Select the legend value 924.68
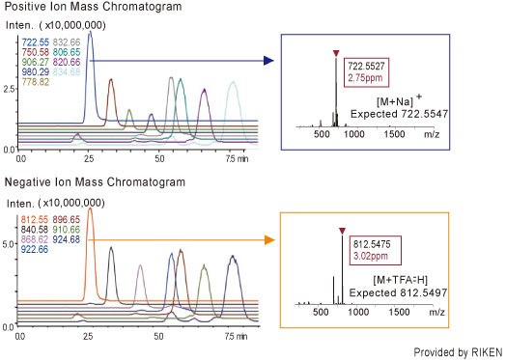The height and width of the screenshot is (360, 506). click(x=68, y=240)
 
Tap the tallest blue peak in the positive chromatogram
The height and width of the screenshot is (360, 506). click(x=90, y=32)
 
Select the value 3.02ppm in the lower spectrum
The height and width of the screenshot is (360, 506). click(x=359, y=258)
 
